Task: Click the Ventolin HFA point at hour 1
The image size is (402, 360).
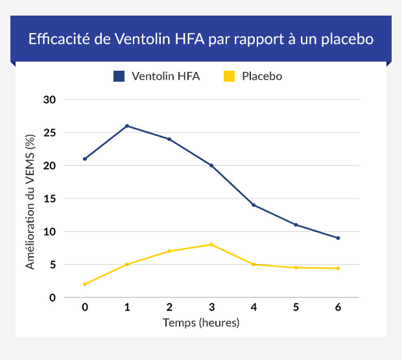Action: [x=127, y=126]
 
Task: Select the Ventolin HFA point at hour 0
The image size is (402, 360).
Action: [x=85, y=159]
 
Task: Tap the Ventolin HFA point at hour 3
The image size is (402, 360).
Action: [x=211, y=165]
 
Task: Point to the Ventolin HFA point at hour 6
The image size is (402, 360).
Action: [x=338, y=238]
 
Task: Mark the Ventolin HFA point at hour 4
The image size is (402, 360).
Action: [x=254, y=205]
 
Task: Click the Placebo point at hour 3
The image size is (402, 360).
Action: [x=211, y=245]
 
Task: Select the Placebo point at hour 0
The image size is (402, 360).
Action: [x=85, y=284]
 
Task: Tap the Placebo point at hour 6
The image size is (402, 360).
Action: [x=338, y=269]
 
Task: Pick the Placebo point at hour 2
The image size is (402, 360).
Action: [x=169, y=251]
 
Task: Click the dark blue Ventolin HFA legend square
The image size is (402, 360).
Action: [x=119, y=76]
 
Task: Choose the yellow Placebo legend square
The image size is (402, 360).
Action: [x=229, y=76]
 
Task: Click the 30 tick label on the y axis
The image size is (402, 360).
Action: [x=50, y=100]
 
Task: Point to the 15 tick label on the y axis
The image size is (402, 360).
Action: [x=50, y=198]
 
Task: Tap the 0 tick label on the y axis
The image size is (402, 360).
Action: [x=53, y=298]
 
